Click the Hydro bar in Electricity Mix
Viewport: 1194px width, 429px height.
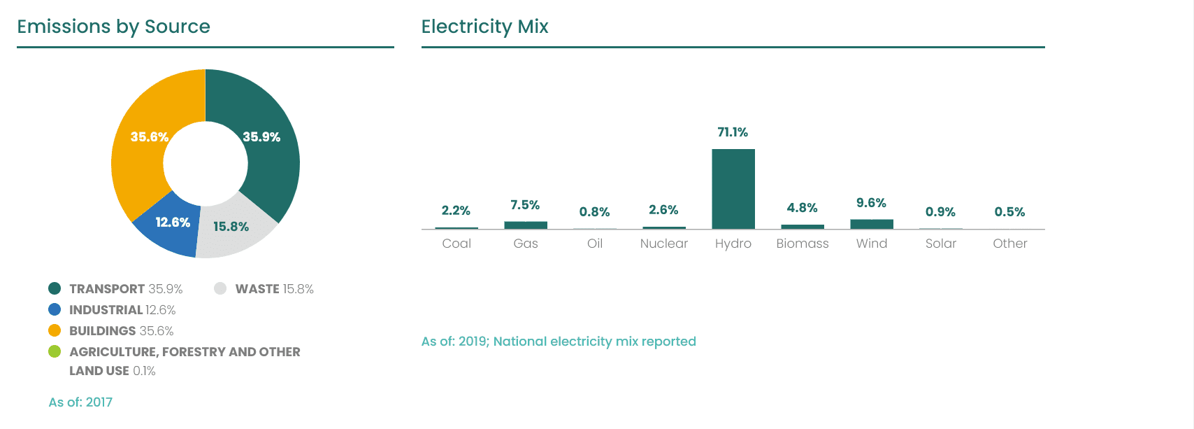click(733, 189)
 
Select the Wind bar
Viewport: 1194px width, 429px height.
click(871, 224)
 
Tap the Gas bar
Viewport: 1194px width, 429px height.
click(526, 225)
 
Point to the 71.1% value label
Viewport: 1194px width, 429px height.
click(733, 132)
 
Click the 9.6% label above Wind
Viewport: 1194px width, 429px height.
click(871, 203)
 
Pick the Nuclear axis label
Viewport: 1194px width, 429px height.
click(663, 244)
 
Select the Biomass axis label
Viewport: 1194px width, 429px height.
click(802, 244)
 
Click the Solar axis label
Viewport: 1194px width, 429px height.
click(940, 244)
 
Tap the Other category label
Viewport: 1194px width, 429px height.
click(1009, 244)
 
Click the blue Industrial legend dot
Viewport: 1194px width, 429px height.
click(55, 309)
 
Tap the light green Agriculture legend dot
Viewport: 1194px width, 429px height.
click(55, 351)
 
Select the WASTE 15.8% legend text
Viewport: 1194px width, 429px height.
click(274, 289)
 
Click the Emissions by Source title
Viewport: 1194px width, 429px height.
click(113, 27)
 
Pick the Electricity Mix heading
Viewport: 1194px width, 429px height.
click(484, 27)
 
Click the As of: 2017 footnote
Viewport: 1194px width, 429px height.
click(80, 402)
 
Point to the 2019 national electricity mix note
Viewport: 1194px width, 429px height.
click(559, 342)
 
